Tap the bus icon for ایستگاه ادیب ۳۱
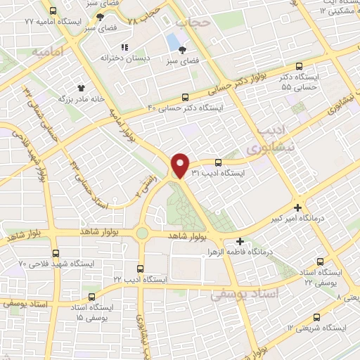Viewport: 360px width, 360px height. [218, 162]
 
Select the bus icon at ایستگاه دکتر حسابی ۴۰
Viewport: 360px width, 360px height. [185, 98]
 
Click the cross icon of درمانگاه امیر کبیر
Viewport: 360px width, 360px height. [299, 207]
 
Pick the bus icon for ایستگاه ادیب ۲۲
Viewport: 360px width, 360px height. [141, 269]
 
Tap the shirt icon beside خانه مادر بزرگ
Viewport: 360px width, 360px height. [81, 88]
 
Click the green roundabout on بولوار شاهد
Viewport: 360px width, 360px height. [142, 233]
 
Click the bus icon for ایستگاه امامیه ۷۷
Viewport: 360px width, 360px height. [53, 11]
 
